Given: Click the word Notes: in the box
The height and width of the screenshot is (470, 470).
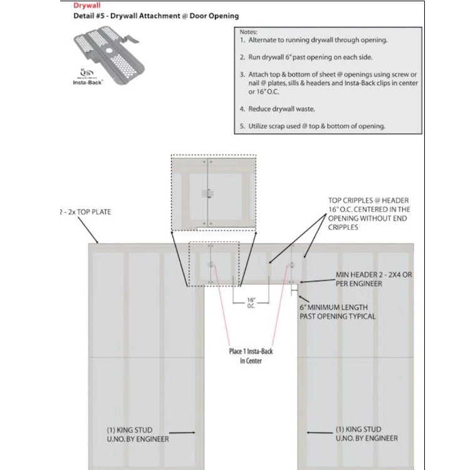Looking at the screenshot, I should (x=249, y=31).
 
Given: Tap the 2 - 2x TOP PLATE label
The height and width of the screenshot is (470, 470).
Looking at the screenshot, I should (x=84, y=212).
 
